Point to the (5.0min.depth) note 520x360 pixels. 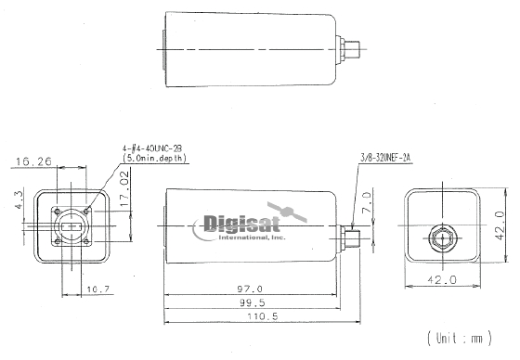pyautogui.click(x=154, y=159)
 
